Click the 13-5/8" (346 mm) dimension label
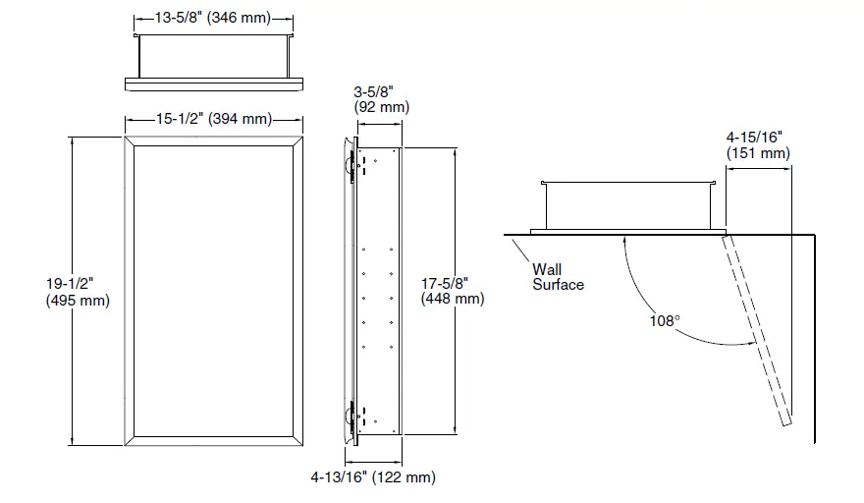[213, 18]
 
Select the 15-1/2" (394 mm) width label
[213, 120]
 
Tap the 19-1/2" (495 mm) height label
[77, 292]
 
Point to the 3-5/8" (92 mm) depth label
[381, 99]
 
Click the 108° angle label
[665, 320]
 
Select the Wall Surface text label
[558, 276]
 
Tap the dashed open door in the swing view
[757, 330]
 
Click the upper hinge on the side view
[351, 164]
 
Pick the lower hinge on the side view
[351, 418]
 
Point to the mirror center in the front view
[213, 291]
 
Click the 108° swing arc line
[638, 295]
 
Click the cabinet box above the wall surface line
[626, 204]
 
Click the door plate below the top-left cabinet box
[213, 81]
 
